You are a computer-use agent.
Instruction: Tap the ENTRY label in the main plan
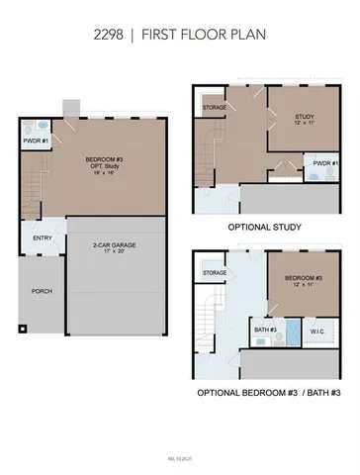point(43,238)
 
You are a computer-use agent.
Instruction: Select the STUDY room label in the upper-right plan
point(304,116)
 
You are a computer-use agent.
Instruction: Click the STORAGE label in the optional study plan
point(214,107)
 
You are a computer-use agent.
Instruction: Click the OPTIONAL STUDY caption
point(265,227)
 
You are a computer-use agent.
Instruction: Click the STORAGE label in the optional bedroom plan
point(215,272)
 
